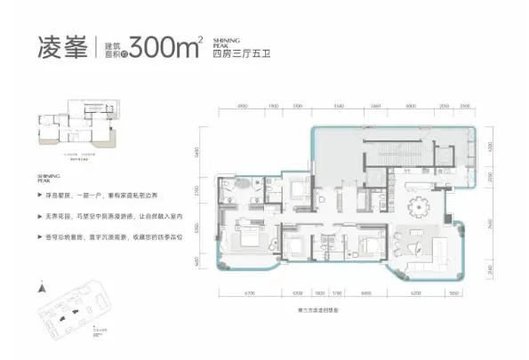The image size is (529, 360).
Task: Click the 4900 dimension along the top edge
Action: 242,106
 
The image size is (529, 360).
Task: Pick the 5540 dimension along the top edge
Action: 338,106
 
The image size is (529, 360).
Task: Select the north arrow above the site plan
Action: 42,288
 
